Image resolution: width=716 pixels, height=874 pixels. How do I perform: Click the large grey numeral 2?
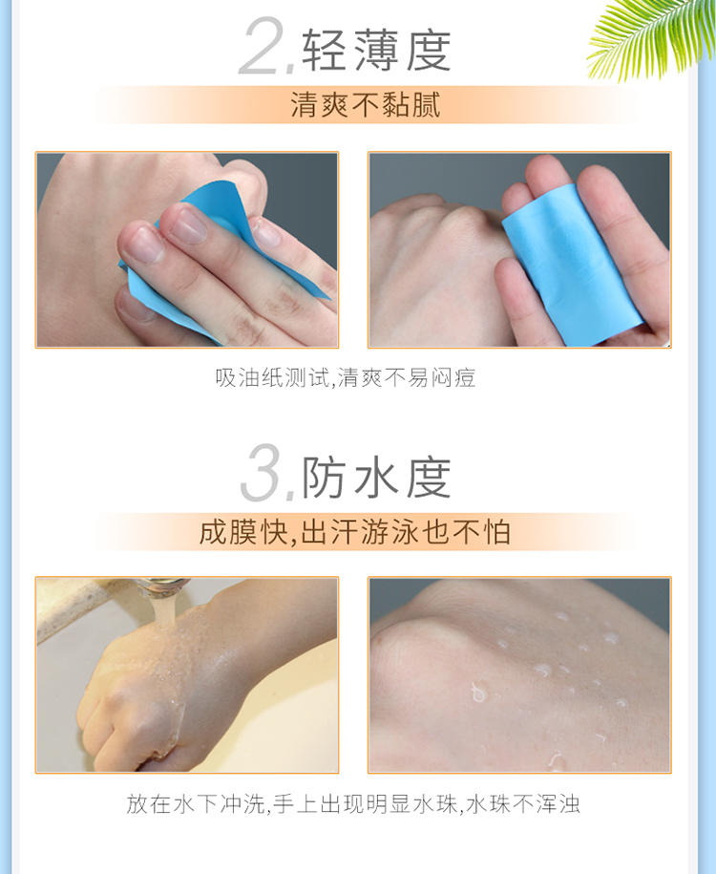[263, 45]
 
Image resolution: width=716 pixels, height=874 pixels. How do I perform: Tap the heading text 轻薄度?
[376, 51]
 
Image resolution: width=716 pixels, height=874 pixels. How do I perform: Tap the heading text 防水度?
[376, 478]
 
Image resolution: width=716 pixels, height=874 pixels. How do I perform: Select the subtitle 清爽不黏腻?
[366, 104]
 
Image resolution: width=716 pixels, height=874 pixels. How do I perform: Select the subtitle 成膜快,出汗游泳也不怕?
[355, 531]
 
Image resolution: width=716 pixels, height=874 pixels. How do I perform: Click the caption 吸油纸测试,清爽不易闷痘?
[346, 377]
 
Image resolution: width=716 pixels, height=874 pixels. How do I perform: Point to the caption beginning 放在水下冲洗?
[353, 803]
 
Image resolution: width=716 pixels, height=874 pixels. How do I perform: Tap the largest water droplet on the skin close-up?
[478, 692]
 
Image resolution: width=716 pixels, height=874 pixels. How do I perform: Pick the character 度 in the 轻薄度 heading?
[428, 51]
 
